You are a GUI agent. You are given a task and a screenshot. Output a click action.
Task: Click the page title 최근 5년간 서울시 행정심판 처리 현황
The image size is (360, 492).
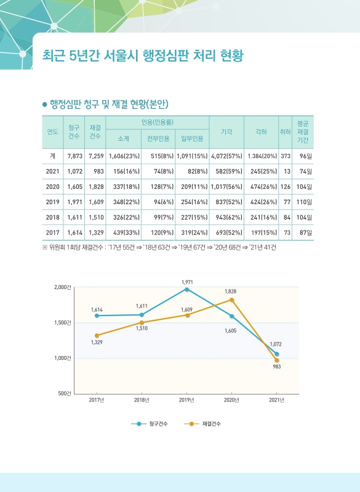coord(142,56)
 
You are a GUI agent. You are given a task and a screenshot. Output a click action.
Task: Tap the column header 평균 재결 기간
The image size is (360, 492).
coord(302,132)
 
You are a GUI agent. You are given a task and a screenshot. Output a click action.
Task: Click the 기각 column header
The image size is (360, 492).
coord(226,132)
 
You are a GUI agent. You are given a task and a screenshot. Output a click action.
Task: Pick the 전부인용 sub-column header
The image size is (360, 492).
coord(159,140)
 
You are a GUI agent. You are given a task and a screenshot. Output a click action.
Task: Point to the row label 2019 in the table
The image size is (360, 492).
coord(53,201)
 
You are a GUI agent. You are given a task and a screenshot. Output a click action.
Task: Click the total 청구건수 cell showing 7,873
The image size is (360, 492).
coord(75,156)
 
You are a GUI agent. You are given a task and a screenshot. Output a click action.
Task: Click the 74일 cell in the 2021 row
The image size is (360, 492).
coord(305,171)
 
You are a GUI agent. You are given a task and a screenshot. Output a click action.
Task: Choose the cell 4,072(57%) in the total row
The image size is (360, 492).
coord(226,156)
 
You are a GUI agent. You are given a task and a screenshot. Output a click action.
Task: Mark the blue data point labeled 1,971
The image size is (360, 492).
coord(187,289)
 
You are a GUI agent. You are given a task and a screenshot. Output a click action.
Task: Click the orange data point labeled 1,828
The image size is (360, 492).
coord(231,300)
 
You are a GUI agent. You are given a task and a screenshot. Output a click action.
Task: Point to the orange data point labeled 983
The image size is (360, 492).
coord(277,360)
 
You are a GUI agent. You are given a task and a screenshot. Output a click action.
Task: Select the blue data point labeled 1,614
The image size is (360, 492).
coord(97,315)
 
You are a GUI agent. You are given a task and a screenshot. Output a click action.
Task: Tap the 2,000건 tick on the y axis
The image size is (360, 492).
coord(63,287)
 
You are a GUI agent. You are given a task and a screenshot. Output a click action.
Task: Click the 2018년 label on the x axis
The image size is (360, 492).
coord(142,400)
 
